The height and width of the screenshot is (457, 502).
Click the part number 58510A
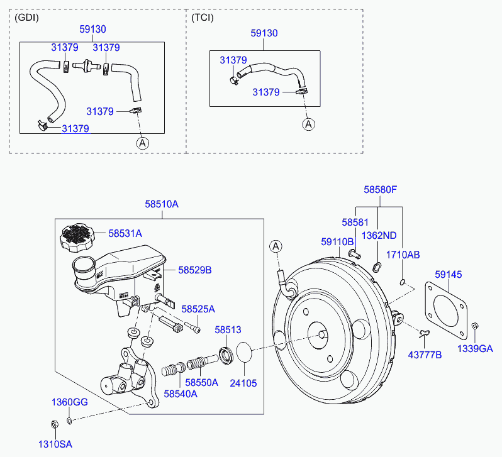161,204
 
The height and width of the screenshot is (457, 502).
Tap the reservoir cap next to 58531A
77,238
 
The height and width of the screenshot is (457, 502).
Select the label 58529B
194,270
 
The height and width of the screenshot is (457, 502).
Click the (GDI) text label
26,18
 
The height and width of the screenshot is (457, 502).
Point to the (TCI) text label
203,18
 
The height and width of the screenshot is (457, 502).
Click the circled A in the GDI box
142,143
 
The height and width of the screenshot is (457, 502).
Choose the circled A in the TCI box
309,124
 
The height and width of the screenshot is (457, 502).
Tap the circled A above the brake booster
276,246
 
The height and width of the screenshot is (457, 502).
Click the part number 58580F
381,190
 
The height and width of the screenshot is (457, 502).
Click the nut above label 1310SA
55,424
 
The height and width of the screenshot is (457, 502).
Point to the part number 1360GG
69,402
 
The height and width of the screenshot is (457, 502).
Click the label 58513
228,329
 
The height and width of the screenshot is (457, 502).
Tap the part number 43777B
425,355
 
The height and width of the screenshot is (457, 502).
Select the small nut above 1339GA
475,326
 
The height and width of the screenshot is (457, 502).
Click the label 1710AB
403,255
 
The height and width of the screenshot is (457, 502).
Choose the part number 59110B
337,242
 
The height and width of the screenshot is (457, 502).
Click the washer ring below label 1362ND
377,267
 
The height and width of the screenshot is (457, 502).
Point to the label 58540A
181,394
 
